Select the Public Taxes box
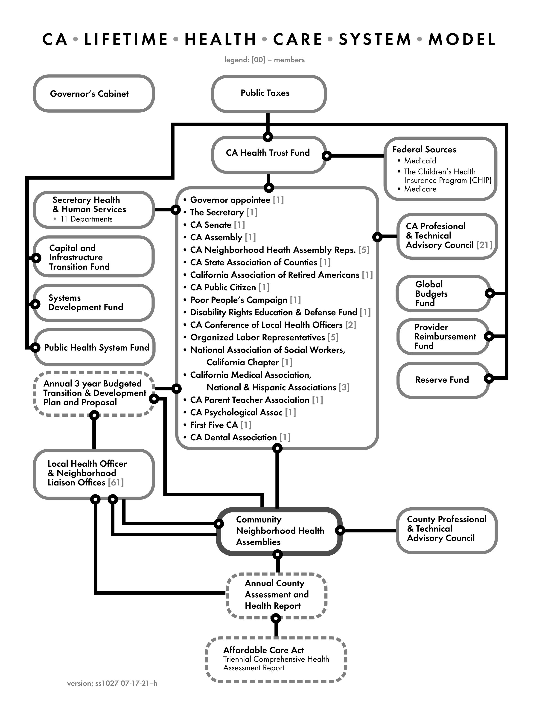coord(268,93)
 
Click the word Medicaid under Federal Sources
coord(420,161)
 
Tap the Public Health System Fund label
coord(96,348)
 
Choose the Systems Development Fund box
coord(93,302)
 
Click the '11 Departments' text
coord(86,219)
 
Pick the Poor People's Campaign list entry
coord(239,300)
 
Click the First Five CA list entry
coord(214,425)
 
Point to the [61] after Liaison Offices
coord(116,482)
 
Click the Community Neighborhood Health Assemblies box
coord(279,531)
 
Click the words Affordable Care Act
coord(263,650)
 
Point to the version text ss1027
coord(112,684)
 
